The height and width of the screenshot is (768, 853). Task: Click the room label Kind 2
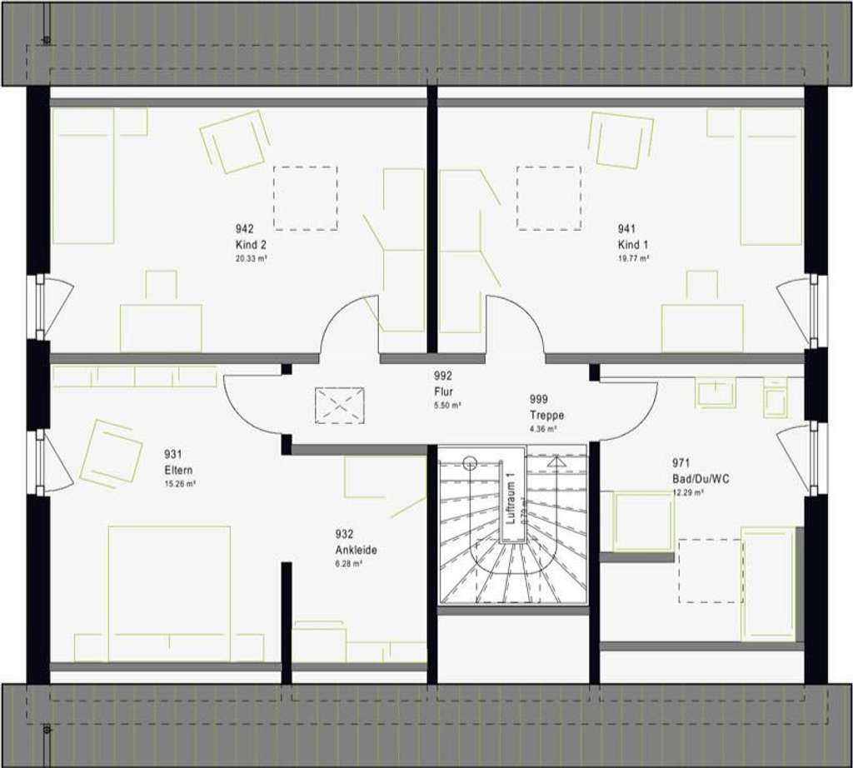coord(251,245)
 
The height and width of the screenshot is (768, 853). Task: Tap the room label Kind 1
coord(631,245)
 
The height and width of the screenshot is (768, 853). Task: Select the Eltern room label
coord(179,470)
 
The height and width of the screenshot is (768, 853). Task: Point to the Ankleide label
coord(357,550)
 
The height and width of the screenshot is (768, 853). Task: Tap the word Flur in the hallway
coord(443,391)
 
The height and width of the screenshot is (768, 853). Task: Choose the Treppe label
coord(546,415)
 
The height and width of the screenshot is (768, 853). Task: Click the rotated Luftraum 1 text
coord(512,499)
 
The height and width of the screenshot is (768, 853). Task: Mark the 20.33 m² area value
coord(251,258)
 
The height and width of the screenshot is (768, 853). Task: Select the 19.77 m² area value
coord(632,258)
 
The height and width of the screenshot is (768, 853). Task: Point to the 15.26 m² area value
coord(179,483)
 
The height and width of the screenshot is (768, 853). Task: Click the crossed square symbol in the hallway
coord(340,404)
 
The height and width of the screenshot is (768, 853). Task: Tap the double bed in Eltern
coord(169,592)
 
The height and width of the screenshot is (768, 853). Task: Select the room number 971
coord(681,462)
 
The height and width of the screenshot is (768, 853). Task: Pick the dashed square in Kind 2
coord(306,197)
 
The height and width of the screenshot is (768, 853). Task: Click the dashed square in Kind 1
coord(548,197)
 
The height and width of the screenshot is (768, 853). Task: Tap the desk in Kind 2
coord(161,327)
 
